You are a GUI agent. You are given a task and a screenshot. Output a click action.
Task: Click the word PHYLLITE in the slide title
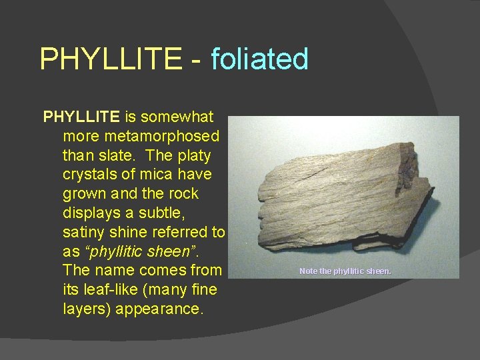(x=110, y=59)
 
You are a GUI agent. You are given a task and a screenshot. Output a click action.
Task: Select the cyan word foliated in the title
(x=259, y=59)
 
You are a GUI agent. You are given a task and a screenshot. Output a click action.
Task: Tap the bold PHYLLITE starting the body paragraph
(x=81, y=117)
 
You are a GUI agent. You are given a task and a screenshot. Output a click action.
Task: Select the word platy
(x=193, y=156)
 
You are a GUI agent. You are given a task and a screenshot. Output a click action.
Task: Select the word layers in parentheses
(x=89, y=310)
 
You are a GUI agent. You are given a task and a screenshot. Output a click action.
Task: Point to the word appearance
(x=157, y=310)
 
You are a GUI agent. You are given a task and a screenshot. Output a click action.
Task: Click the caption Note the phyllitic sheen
(x=345, y=271)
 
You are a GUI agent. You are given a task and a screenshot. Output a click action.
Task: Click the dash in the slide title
(x=196, y=60)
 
